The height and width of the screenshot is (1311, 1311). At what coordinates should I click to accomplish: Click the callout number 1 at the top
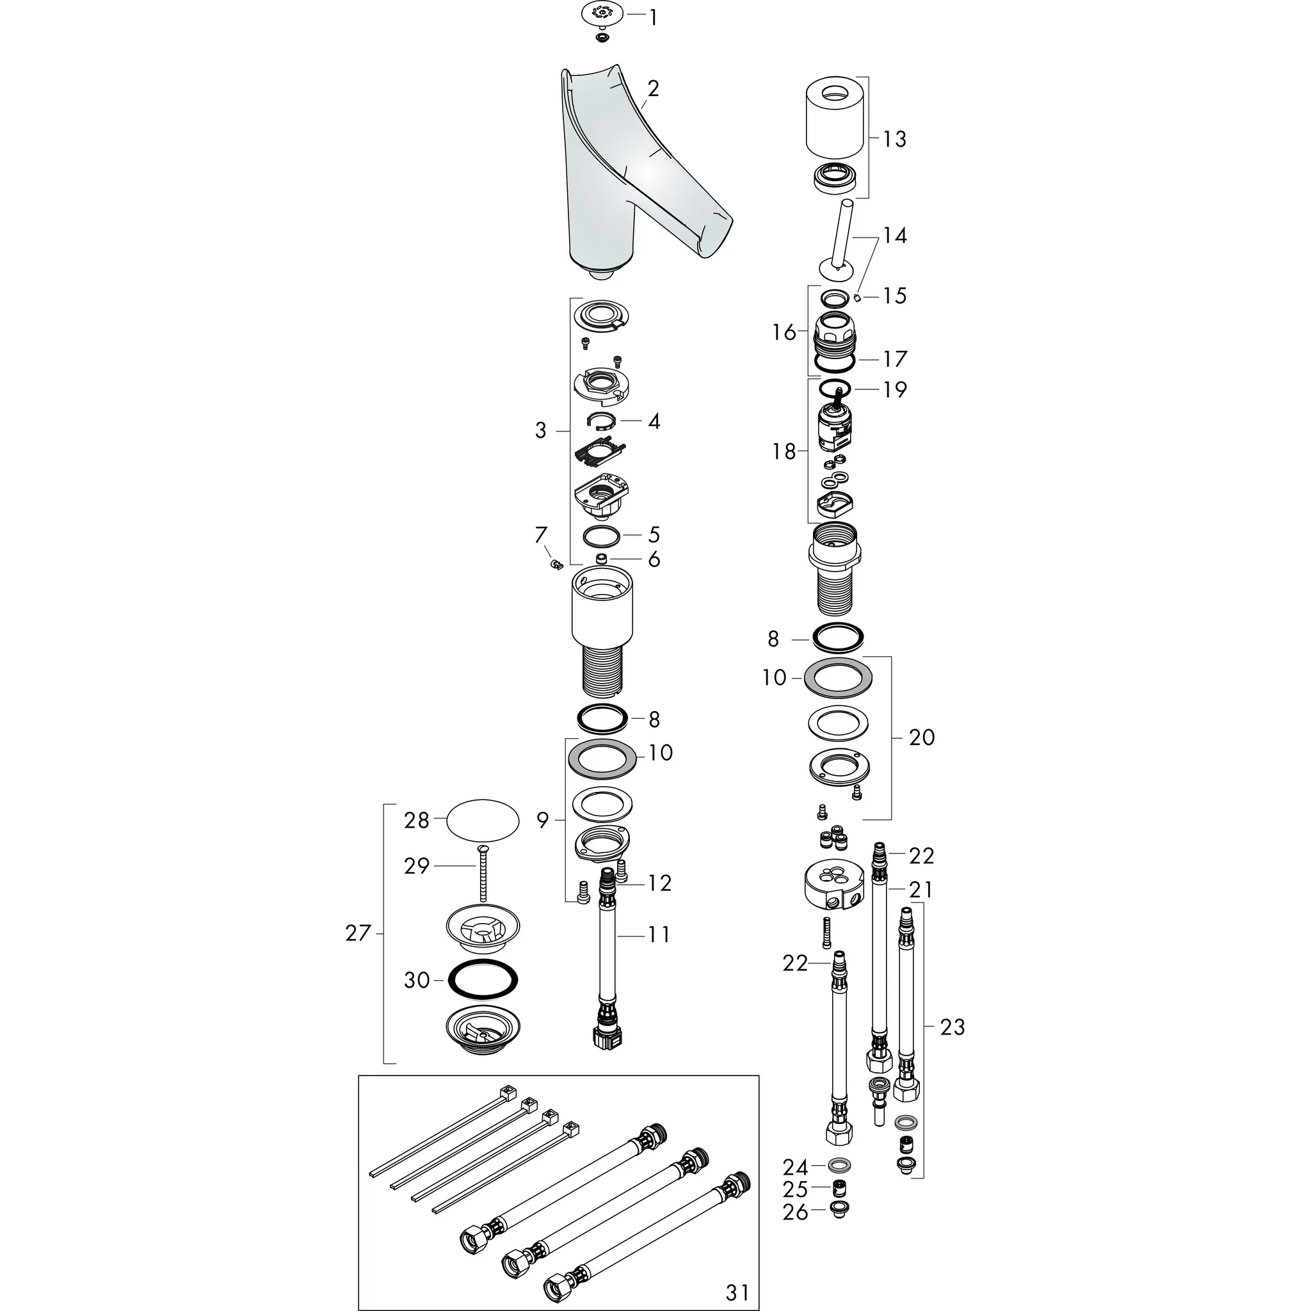653,18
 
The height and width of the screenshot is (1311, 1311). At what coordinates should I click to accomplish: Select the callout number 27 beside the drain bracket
358,933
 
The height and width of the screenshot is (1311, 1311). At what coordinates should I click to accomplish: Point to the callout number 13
894,138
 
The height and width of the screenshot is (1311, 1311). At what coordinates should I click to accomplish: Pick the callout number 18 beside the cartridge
784,451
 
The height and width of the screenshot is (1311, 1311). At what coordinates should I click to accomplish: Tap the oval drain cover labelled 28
483,821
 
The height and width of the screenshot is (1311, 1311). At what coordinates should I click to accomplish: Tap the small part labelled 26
839,1209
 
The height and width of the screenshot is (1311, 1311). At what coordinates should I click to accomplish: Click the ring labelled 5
601,535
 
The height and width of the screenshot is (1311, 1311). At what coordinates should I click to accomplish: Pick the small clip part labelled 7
556,563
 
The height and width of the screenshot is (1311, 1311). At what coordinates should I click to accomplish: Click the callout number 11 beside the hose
659,935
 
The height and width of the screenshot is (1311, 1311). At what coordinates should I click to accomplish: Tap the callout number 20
922,737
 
